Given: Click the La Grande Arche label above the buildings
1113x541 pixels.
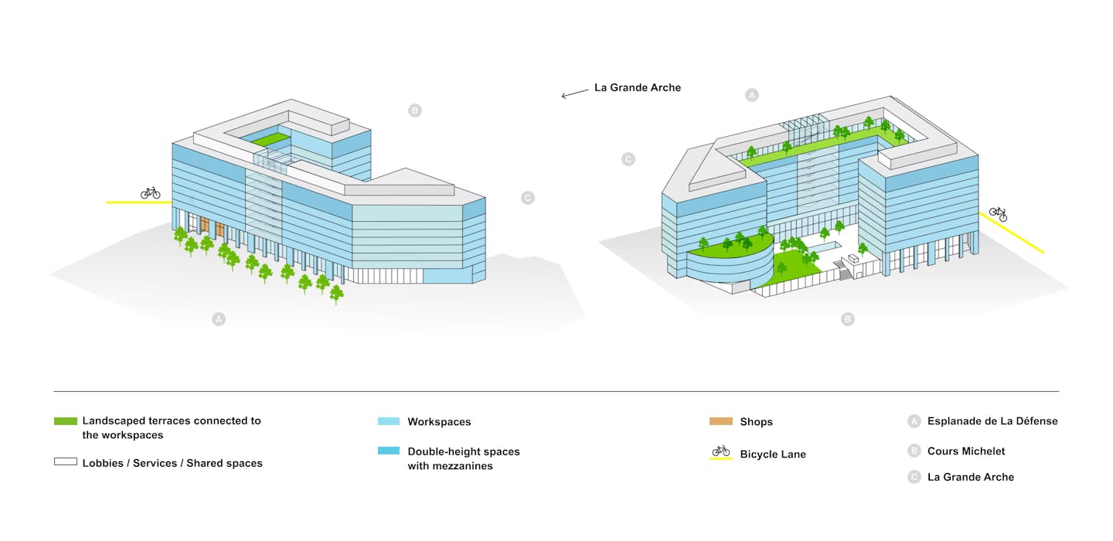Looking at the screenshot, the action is tap(638, 87).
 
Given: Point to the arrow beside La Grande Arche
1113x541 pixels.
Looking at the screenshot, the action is tap(575, 94).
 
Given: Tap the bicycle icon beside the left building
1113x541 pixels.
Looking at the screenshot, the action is tap(150, 192).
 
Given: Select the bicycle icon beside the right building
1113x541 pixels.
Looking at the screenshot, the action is tap(999, 213).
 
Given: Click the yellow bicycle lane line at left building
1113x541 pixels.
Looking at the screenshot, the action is tap(139, 202).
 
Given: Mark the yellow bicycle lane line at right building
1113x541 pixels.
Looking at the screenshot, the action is tap(1011, 233).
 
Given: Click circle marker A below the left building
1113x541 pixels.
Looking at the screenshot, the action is tap(219, 319).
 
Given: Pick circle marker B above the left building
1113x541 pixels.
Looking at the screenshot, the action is tap(415, 111).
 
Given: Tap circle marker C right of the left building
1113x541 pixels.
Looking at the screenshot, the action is tap(528, 198).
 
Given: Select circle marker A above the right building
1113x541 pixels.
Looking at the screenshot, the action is tap(752, 95).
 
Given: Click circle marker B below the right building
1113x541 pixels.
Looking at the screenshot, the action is tap(848, 319).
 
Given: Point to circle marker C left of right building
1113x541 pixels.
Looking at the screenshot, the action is tap(628, 159).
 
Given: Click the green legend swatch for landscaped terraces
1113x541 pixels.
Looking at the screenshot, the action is tap(66, 421).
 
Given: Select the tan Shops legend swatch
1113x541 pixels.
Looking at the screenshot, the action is tap(721, 421).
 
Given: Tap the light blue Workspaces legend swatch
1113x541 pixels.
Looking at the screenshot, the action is tap(389, 421).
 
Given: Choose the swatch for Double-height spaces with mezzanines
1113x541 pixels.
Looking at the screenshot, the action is tap(389, 451).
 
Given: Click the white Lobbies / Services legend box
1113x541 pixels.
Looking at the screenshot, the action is tap(66, 461).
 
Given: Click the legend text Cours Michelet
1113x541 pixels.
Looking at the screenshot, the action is tap(966, 451).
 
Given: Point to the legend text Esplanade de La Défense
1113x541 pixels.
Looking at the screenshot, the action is tap(992, 420).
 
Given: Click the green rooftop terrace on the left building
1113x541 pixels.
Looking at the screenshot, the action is tap(271, 139).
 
